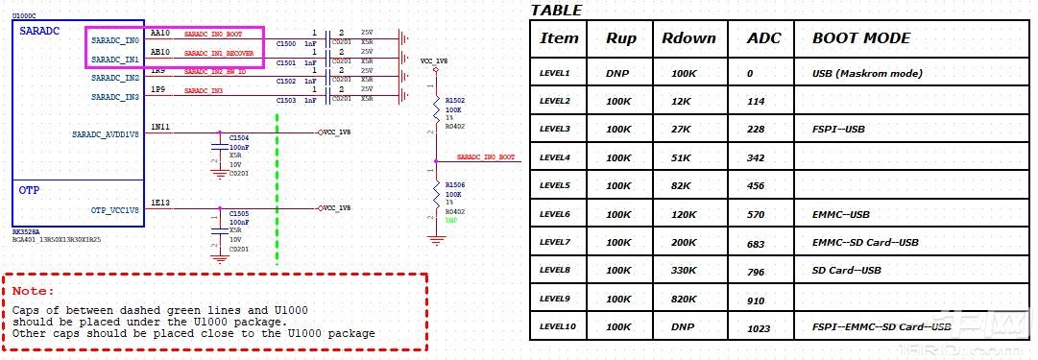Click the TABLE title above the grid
tap(556, 11)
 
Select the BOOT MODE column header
tap(860, 38)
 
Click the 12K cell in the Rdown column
tap(683, 101)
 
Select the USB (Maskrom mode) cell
tap(867, 73)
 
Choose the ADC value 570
tap(756, 214)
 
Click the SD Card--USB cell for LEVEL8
tap(847, 271)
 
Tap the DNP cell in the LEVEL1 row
tap(617, 73)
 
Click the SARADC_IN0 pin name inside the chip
tap(115, 41)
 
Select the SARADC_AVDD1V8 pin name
tap(106, 134)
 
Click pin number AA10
tap(160, 33)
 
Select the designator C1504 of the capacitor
tap(239, 138)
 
